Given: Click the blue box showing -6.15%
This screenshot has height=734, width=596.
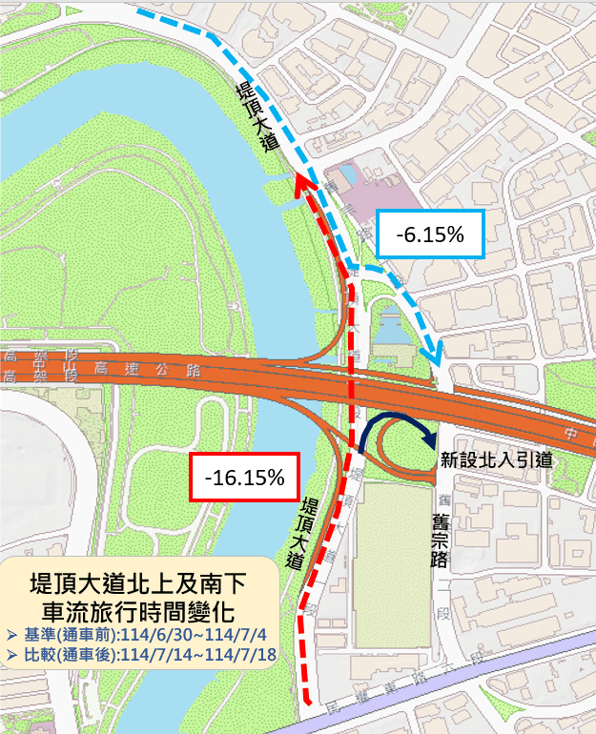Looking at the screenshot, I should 431,234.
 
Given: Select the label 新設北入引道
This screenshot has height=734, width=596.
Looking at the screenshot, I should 496,459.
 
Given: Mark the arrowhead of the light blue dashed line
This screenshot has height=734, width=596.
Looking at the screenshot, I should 437,356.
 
